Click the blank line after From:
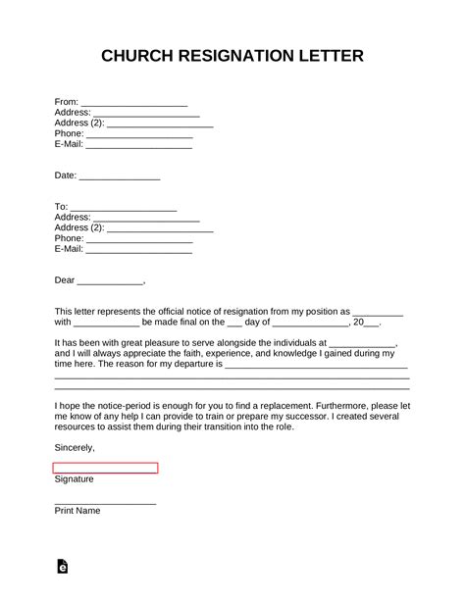pos(133,101)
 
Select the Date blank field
pos(119,176)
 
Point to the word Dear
pos(65,280)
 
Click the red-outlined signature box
pos(106,468)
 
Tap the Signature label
pos(75,479)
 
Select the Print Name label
pos(78,511)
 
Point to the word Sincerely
pos(75,447)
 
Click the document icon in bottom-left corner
pos(63,566)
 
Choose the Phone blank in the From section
pos(139,134)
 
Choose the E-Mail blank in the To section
pos(139,250)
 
